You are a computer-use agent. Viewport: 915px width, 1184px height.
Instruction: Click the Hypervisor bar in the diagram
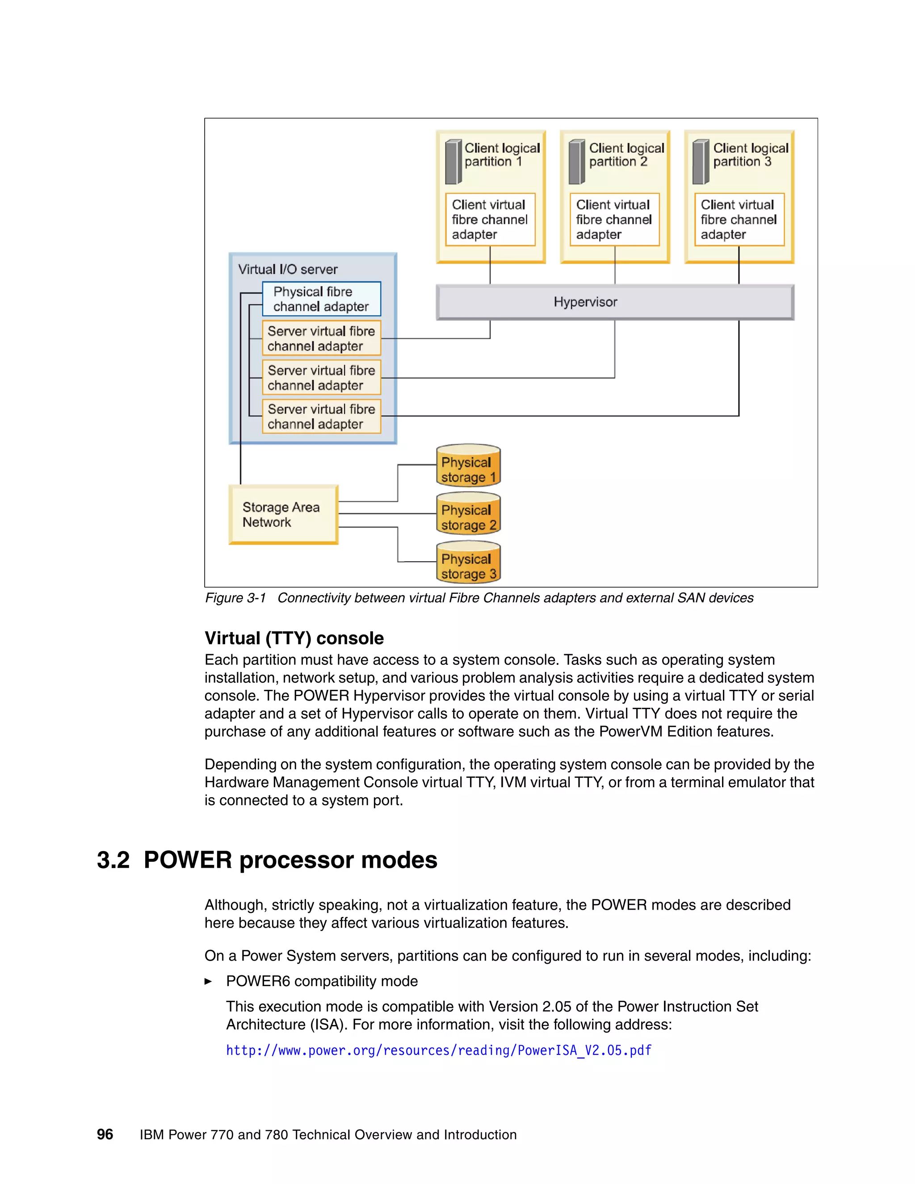pyautogui.click(x=615, y=302)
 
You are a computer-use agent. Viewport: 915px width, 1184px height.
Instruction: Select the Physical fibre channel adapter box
pyautogui.click(x=321, y=299)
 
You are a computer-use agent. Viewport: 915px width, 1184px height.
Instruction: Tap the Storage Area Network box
pyautogui.click(x=283, y=514)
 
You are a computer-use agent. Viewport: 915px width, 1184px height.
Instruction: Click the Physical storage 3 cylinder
pyautogui.click(x=468, y=563)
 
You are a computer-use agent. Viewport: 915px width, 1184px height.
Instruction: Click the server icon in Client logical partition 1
pyautogui.click(x=453, y=162)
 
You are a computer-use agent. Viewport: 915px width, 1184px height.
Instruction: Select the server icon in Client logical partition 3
pyautogui.click(x=701, y=162)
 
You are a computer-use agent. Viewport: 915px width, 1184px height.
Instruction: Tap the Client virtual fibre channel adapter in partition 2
pyautogui.click(x=614, y=219)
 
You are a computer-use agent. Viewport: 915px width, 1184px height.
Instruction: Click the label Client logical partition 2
pyautogui.click(x=626, y=155)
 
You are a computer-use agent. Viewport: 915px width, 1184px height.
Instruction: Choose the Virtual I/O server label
pyautogui.click(x=287, y=269)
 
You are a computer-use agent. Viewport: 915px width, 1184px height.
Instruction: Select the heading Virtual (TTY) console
pyautogui.click(x=294, y=638)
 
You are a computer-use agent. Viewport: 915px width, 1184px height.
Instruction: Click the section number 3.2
pyautogui.click(x=113, y=861)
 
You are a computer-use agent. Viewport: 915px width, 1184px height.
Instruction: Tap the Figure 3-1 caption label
pyautogui.click(x=235, y=598)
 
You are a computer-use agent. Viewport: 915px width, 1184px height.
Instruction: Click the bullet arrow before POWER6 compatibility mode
pyautogui.click(x=208, y=981)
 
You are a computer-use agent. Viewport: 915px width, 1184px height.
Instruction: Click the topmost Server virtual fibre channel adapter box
pyautogui.click(x=321, y=338)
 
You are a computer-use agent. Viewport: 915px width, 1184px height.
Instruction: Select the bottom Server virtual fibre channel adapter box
pyautogui.click(x=321, y=416)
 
